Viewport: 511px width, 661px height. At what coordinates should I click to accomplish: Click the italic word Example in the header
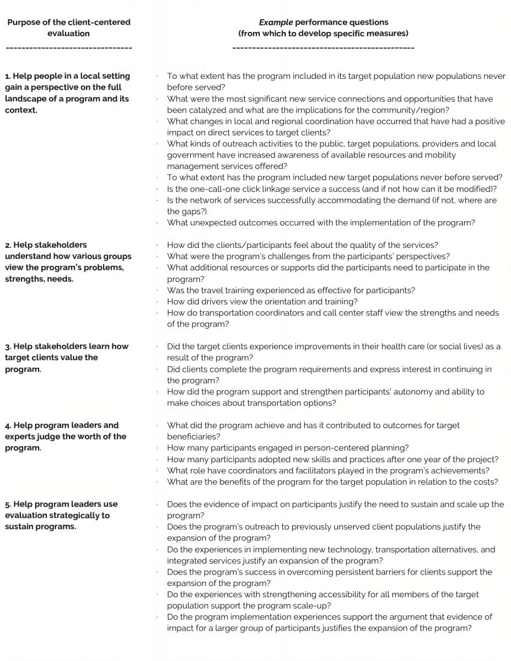[276, 23]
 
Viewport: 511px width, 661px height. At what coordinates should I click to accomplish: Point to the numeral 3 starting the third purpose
[7, 346]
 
